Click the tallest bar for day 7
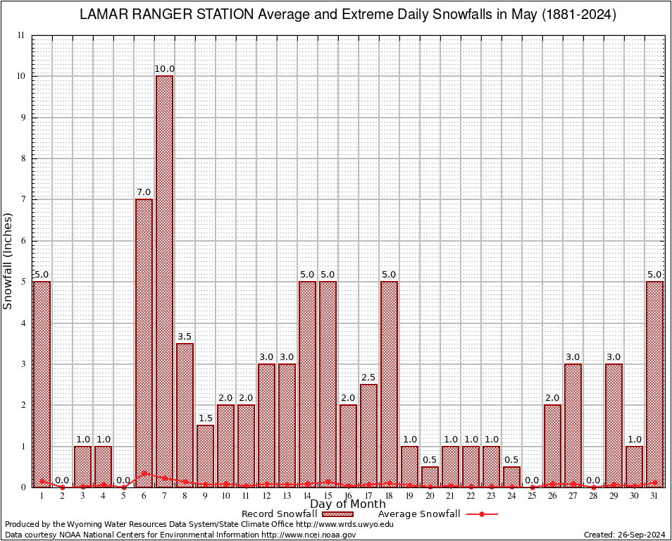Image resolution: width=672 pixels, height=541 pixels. (x=164, y=281)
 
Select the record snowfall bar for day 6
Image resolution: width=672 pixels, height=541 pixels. (x=144, y=343)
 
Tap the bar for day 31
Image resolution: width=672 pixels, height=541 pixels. (x=654, y=384)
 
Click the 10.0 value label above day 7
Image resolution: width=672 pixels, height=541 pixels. (x=164, y=69)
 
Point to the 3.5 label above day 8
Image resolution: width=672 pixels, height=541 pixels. (x=185, y=337)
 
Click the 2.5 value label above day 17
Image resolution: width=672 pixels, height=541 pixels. (x=368, y=378)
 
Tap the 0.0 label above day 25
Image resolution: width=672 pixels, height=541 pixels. (x=532, y=480)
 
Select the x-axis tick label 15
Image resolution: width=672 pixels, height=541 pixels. (x=328, y=497)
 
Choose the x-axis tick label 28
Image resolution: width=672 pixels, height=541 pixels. (x=593, y=497)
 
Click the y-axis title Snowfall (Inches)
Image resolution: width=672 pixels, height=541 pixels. (x=8, y=261)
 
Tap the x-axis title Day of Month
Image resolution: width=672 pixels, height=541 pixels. (x=348, y=504)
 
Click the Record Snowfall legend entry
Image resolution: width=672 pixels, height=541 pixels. (x=279, y=514)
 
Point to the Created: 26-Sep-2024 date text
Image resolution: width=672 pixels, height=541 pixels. (x=624, y=535)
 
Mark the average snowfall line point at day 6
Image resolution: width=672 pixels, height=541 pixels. (x=144, y=473)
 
